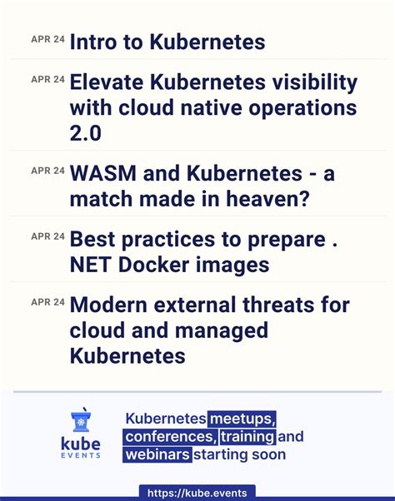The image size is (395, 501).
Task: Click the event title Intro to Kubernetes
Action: (167, 42)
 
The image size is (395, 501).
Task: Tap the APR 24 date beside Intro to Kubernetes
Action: (47, 38)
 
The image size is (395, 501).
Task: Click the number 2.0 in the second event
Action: (86, 133)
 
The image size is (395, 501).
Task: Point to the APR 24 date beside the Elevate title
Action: (47, 79)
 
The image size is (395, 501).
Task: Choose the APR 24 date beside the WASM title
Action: (47, 171)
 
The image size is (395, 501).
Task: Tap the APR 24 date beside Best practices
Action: (47, 236)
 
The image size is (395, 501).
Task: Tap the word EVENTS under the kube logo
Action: (82, 454)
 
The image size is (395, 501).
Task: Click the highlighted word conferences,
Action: (171, 437)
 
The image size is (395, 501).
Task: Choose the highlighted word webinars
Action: (158, 455)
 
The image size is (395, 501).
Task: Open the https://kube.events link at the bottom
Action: (197, 493)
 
